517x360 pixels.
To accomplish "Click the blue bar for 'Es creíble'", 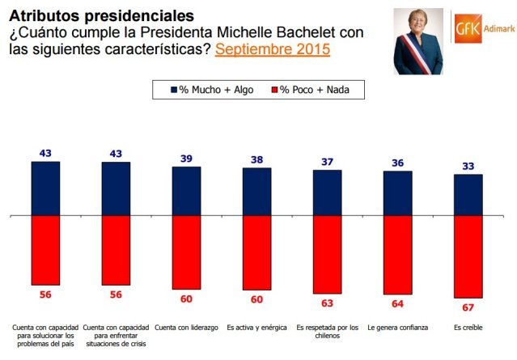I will tap(468, 195).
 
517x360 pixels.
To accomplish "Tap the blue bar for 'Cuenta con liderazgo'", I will tap(186, 191).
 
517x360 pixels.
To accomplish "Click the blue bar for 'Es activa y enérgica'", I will tap(256, 192).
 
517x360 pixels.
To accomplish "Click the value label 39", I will tap(186, 159).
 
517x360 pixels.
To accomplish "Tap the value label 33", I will tap(468, 167).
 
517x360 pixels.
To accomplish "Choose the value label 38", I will tap(256, 160).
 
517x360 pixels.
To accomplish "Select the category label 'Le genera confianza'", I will tap(397, 328).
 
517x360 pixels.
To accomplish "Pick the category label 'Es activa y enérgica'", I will tap(256, 328).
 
